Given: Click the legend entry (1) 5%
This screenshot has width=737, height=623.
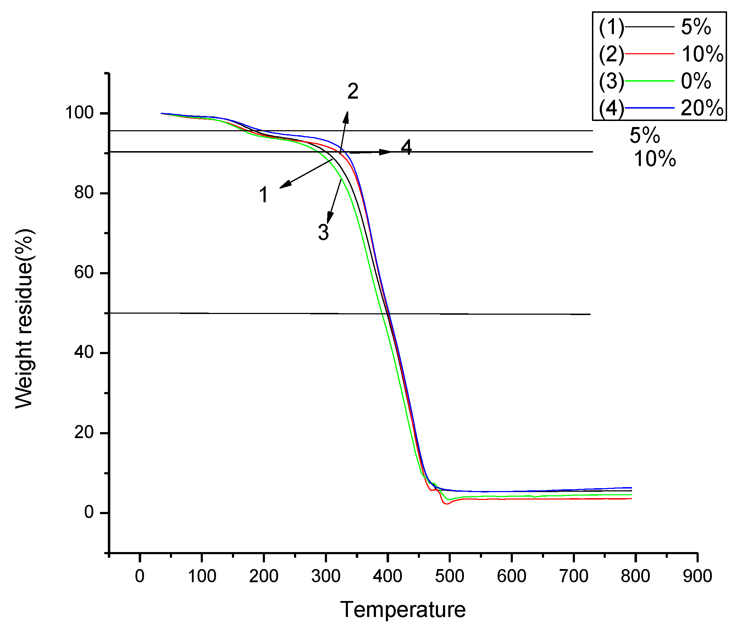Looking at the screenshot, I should (x=655, y=27).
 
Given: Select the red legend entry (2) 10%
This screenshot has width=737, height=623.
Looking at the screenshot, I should (x=660, y=54).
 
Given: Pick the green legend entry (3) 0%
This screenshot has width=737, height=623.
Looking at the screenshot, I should (x=655, y=81).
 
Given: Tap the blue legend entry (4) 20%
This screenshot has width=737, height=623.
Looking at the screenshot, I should (x=660, y=108).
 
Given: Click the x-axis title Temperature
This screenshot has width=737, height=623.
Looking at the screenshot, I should (x=403, y=610).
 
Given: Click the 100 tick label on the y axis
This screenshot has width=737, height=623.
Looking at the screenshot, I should (x=79, y=113).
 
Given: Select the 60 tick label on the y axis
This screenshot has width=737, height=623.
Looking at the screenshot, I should (x=84, y=273).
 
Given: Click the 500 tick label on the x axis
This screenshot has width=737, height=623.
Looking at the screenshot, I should (x=449, y=576).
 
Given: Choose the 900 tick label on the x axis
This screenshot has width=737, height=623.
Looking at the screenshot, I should (x=697, y=576).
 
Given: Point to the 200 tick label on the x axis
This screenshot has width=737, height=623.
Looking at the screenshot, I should (x=264, y=576).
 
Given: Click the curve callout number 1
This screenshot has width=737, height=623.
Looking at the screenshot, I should (x=263, y=195).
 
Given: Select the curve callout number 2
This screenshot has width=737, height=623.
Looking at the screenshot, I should (x=353, y=92).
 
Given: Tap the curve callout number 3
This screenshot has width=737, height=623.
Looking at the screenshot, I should (x=323, y=232).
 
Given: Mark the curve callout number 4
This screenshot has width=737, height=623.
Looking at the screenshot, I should (x=406, y=147).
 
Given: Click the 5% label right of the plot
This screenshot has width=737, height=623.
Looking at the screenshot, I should (x=644, y=136).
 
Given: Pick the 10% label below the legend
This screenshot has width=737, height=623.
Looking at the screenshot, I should (x=655, y=159).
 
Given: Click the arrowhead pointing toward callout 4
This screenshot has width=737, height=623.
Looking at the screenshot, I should (x=385, y=152).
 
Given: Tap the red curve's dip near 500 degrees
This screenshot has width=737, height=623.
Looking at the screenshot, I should (x=447, y=504).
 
